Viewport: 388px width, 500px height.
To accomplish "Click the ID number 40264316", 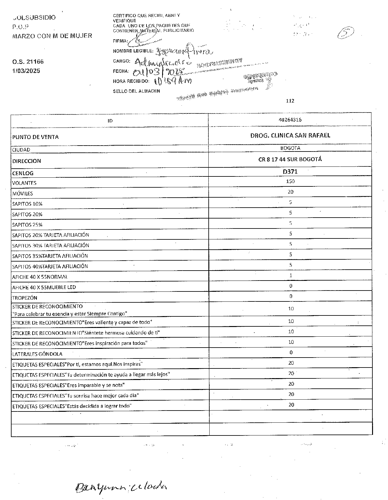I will pyautogui.click(x=290, y=120).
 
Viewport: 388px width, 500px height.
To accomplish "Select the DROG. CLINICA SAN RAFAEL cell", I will pyautogui.click(x=290, y=135).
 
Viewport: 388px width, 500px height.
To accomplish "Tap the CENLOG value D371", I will pyautogui.click(x=290, y=171).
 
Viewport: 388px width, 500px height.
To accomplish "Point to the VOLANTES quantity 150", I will pyautogui.click(x=290, y=181).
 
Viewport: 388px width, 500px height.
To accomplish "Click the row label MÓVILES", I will pyautogui.click(x=22, y=194).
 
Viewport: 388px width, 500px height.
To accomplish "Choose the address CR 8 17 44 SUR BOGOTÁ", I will pyautogui.click(x=290, y=159).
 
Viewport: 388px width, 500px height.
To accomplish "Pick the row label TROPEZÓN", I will pyautogui.click(x=25, y=298).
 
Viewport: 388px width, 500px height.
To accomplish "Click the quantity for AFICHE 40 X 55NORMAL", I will pyautogui.click(x=291, y=276).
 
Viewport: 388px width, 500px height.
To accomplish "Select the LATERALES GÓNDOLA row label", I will pyautogui.click(x=37, y=354).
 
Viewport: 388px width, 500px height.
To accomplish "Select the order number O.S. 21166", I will pyautogui.click(x=28, y=62).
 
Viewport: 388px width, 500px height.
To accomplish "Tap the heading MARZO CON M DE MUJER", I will pyautogui.click(x=52, y=36).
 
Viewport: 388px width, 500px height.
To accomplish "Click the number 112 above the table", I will pyautogui.click(x=290, y=101).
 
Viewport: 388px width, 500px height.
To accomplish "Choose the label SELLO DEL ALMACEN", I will pyautogui.click(x=137, y=91).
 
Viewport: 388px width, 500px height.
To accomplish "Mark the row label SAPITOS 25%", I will pyautogui.click(x=27, y=225).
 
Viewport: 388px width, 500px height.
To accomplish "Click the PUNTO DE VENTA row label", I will pyautogui.click(x=35, y=137).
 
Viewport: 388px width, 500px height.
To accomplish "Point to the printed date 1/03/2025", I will pyautogui.click(x=26, y=71).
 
